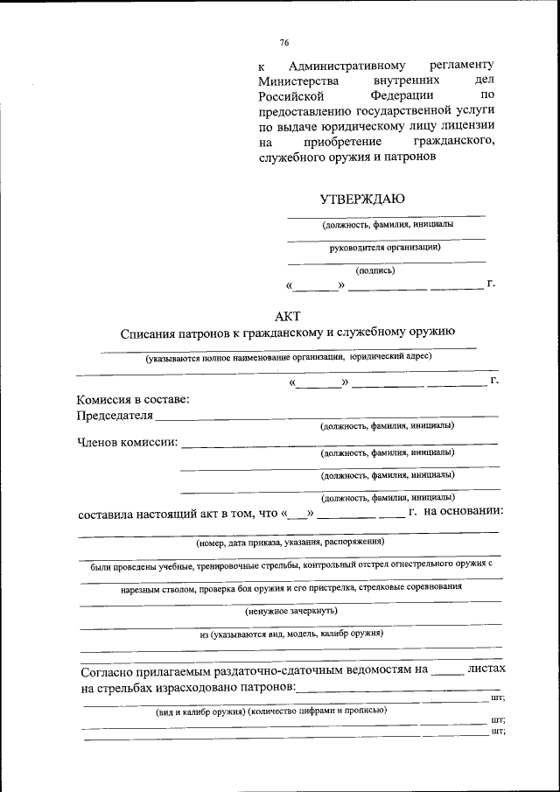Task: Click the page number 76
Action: (284, 42)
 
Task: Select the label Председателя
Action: (115, 415)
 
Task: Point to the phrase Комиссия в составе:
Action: (133, 400)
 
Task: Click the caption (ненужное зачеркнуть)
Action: (291, 610)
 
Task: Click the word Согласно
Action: (109, 673)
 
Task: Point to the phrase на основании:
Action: (463, 512)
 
